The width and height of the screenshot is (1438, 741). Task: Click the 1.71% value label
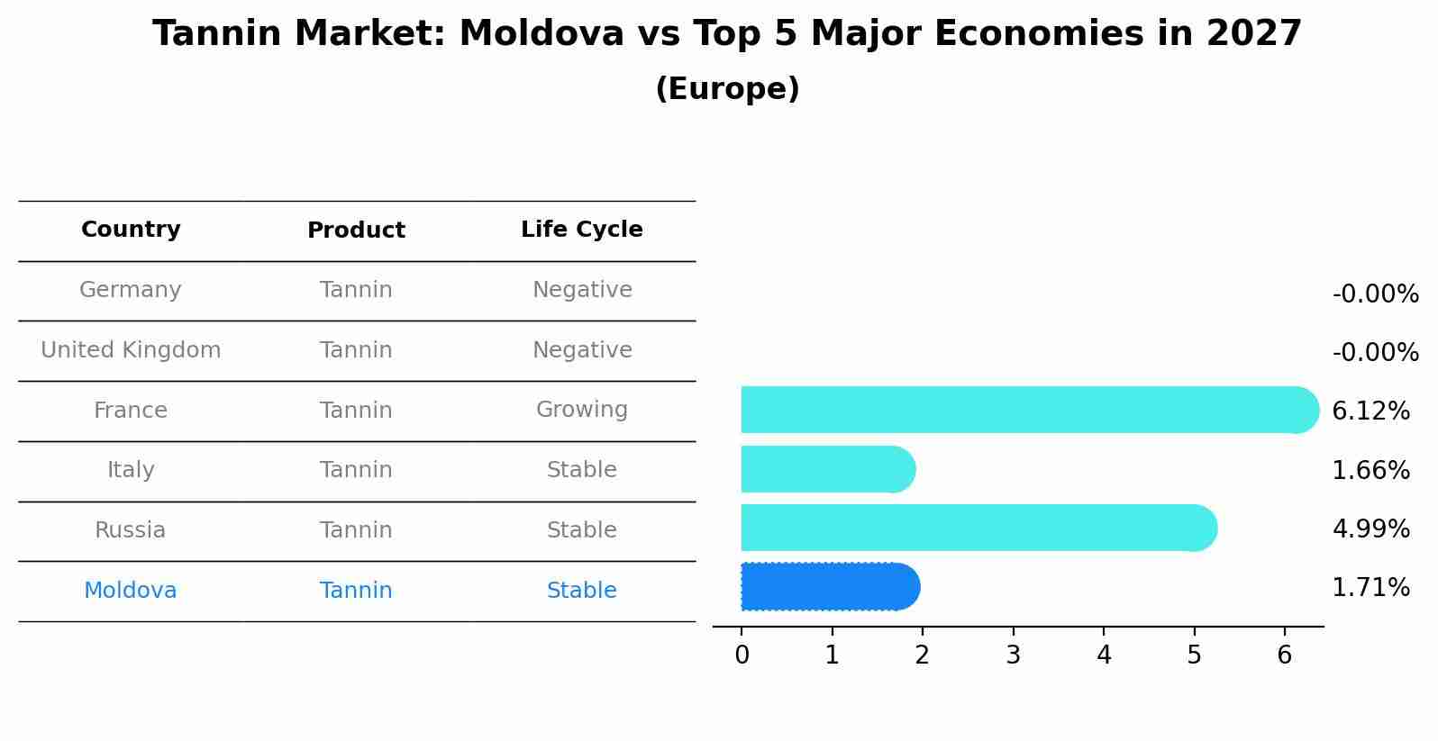(1370, 588)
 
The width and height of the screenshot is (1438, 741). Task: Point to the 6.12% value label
(1370, 411)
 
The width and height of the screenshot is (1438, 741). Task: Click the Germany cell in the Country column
(131, 290)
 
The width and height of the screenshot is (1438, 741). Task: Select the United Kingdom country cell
(131, 350)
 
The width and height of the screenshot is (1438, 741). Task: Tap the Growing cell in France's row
(581, 410)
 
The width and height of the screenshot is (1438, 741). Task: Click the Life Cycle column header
(581, 230)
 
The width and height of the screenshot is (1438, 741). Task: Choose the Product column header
(356, 230)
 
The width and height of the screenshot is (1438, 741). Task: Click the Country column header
(131, 230)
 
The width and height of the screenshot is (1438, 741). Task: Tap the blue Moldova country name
(131, 591)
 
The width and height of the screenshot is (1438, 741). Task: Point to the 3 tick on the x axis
(1013, 655)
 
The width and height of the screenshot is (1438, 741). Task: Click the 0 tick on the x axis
(742, 655)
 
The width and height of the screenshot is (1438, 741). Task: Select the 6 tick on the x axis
(1285, 655)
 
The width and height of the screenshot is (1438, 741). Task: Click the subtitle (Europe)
(727, 89)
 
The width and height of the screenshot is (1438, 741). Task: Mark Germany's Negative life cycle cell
(581, 290)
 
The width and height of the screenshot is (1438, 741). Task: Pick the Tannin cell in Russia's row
(356, 530)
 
